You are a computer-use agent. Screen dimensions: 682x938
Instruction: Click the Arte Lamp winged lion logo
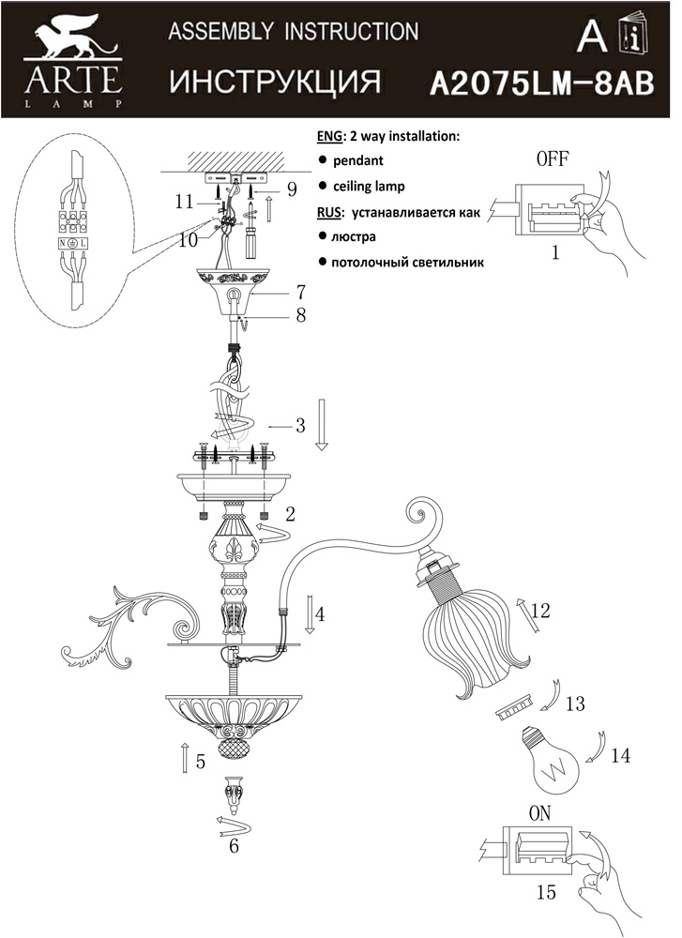(73, 38)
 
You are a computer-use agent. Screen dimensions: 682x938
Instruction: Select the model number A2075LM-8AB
(542, 84)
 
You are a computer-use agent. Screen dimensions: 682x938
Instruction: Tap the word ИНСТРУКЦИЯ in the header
(275, 82)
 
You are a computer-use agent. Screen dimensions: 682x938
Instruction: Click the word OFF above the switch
(553, 159)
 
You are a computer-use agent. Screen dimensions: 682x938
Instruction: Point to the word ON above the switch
(540, 813)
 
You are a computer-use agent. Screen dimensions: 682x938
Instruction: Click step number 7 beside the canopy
(300, 293)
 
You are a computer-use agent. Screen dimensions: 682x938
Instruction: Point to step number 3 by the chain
(300, 425)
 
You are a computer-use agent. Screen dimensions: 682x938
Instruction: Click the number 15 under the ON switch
(546, 893)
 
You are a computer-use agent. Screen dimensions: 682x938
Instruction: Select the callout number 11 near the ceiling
(184, 203)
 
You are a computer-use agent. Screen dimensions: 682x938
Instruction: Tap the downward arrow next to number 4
(310, 614)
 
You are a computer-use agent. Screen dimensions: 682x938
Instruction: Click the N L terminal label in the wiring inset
(72, 244)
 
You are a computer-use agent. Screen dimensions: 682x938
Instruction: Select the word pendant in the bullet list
(357, 161)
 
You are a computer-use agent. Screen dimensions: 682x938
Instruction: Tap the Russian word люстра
(354, 236)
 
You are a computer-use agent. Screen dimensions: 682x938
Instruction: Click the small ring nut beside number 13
(514, 706)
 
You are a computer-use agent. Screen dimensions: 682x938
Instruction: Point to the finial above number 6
(234, 795)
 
